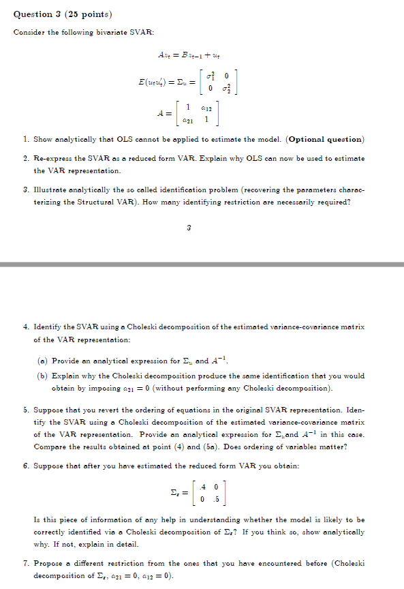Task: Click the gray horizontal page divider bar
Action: [202, 264]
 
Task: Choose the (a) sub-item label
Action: [42, 362]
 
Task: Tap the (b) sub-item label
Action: [42, 376]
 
